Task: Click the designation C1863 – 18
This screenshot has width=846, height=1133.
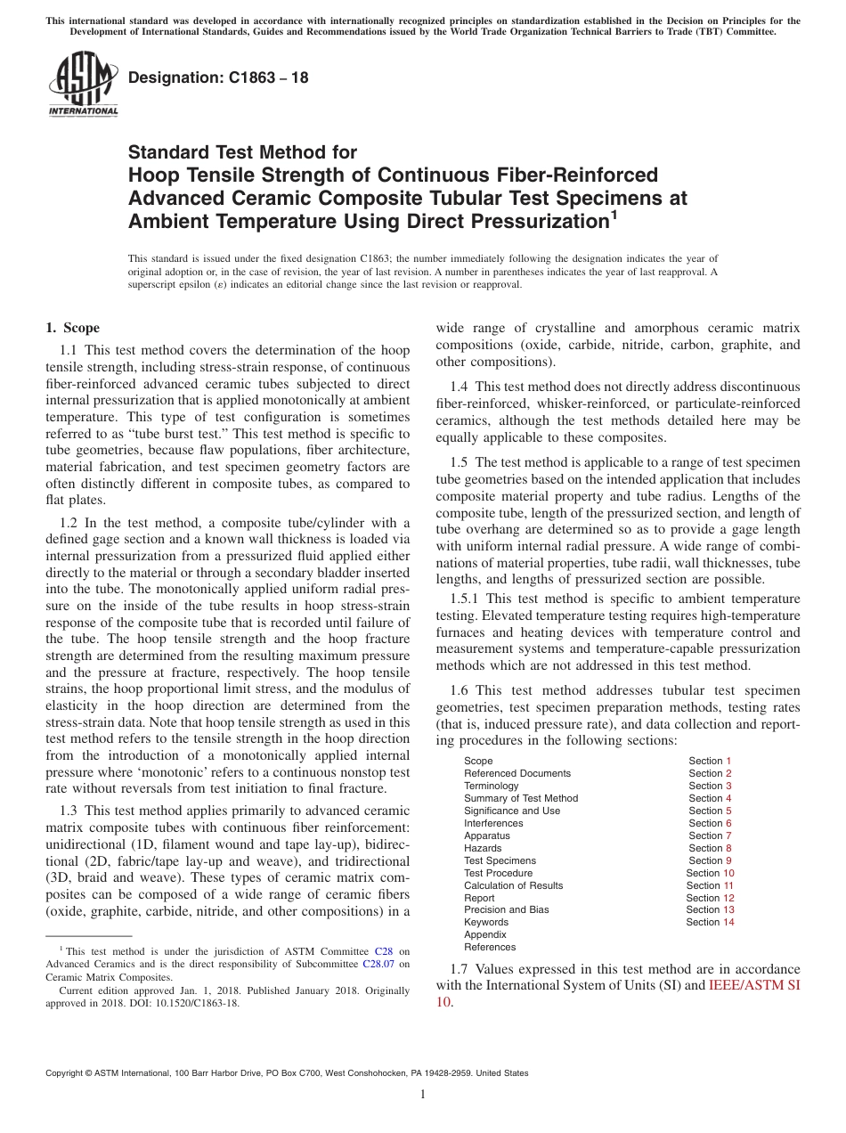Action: pos(219,77)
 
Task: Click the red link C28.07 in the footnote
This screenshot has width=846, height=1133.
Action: pos(378,964)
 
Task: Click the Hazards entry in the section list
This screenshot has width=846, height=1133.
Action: pos(483,848)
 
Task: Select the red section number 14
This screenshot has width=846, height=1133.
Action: pos(728,922)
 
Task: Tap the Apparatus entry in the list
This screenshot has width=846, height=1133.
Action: pos(487,835)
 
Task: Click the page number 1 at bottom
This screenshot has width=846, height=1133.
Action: pos(423,1095)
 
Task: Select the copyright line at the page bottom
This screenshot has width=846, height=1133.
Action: pos(287,1073)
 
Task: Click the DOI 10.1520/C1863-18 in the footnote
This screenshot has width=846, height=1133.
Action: pos(204,1002)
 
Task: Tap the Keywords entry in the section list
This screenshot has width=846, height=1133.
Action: pos(486,922)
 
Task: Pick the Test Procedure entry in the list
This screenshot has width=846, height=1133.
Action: pos(498,873)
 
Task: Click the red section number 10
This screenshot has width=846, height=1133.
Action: pos(728,873)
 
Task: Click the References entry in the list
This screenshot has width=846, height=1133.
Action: pos(490,947)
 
